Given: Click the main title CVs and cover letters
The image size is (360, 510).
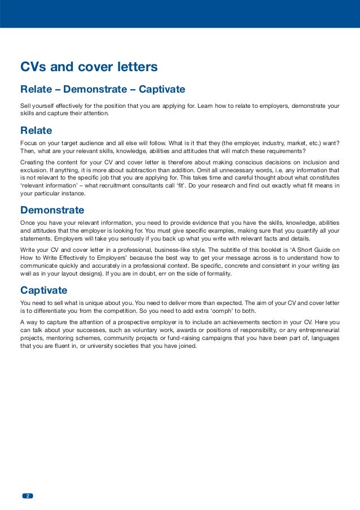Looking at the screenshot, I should pyautogui.click(x=89, y=68).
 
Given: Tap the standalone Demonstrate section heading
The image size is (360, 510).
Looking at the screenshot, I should pyautogui.click(x=52, y=210).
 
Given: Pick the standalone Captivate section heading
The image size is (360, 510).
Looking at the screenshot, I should pyautogui.click(x=43, y=290).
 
